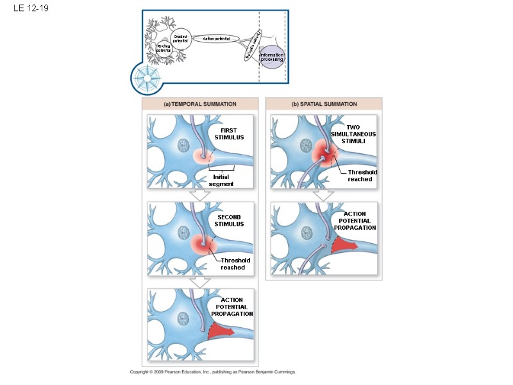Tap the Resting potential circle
coord(164,48)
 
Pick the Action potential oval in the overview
coord(216,39)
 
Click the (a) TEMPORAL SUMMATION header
coord(200,103)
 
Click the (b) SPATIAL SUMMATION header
coord(324,103)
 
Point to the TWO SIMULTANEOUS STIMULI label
coord(353,134)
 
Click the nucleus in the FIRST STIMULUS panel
coord(183,145)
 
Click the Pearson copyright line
coord(212,372)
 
